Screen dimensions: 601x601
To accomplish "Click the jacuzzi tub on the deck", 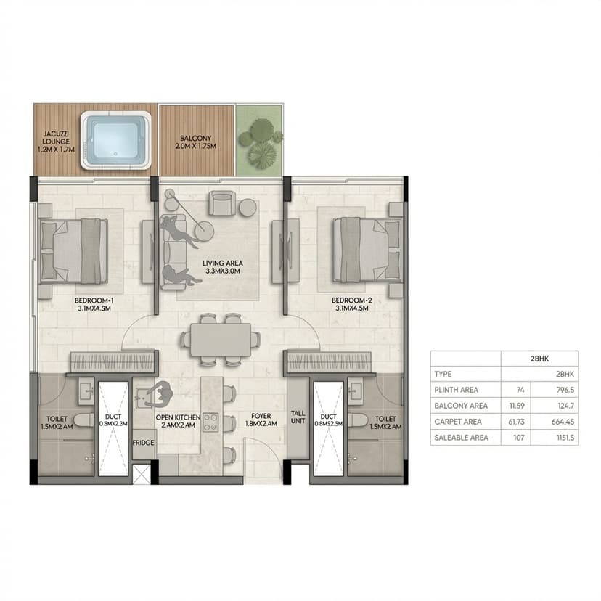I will tap(115, 139).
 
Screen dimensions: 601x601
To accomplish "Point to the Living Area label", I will tap(223, 267).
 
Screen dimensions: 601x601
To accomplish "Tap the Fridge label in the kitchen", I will tap(143, 441).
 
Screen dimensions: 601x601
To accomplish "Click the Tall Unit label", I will tap(298, 418).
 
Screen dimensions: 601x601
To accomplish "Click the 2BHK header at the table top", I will tap(539, 359).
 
